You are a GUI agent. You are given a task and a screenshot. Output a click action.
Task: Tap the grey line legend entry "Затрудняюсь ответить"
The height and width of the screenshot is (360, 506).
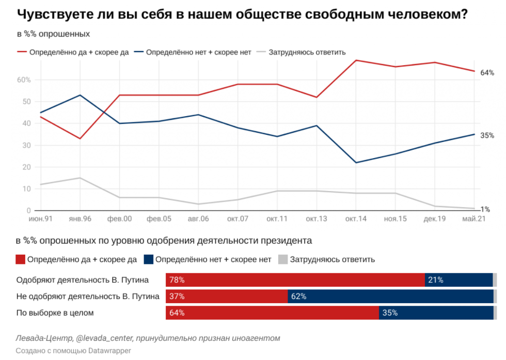tap(307, 52)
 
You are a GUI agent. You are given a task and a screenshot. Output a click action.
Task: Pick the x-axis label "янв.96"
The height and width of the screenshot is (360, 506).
tap(80, 219)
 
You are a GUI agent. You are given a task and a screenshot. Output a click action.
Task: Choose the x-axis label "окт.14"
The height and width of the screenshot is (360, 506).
tap(356, 219)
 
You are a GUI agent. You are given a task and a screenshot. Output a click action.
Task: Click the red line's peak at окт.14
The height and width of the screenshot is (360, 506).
tap(356, 60)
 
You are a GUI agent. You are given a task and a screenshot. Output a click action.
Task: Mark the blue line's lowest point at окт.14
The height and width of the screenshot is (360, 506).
tap(356, 163)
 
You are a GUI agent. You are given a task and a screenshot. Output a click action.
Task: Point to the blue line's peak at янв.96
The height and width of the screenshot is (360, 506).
tap(80, 95)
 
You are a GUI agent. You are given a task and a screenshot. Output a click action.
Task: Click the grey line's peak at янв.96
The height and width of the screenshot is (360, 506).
tap(80, 178)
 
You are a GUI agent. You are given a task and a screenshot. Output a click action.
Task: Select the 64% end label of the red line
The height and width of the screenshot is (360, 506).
tap(487, 73)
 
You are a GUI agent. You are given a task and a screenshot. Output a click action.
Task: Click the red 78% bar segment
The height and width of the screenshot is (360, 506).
tap(295, 280)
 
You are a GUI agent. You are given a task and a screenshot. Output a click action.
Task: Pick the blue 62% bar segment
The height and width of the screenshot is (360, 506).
tap(390, 296)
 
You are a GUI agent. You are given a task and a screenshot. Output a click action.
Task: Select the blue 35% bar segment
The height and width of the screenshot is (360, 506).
tap(436, 312)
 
